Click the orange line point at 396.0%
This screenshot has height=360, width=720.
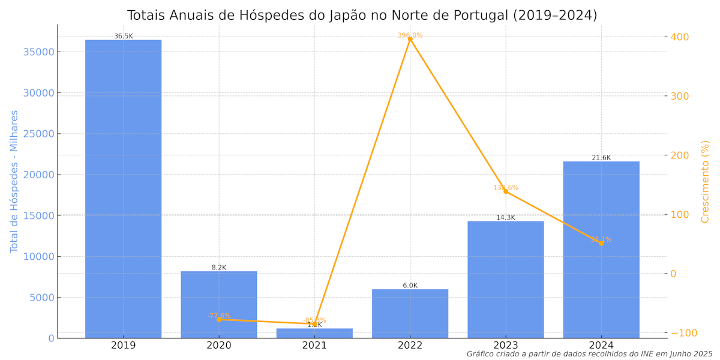tap(410, 38)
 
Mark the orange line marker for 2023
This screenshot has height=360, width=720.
tap(506, 191)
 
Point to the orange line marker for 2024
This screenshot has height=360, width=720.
tap(601, 243)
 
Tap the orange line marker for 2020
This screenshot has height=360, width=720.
tap(219, 319)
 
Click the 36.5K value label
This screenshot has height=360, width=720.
tap(124, 37)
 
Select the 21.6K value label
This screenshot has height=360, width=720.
tap(601, 158)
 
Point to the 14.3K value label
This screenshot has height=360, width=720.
tap(506, 218)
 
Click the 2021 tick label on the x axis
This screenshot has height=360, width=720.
tap(314, 346)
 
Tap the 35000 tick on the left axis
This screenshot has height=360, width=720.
tap(38, 52)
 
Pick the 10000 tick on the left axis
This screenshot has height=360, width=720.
tap(38, 257)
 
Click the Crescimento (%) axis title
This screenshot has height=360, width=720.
tap(706, 181)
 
